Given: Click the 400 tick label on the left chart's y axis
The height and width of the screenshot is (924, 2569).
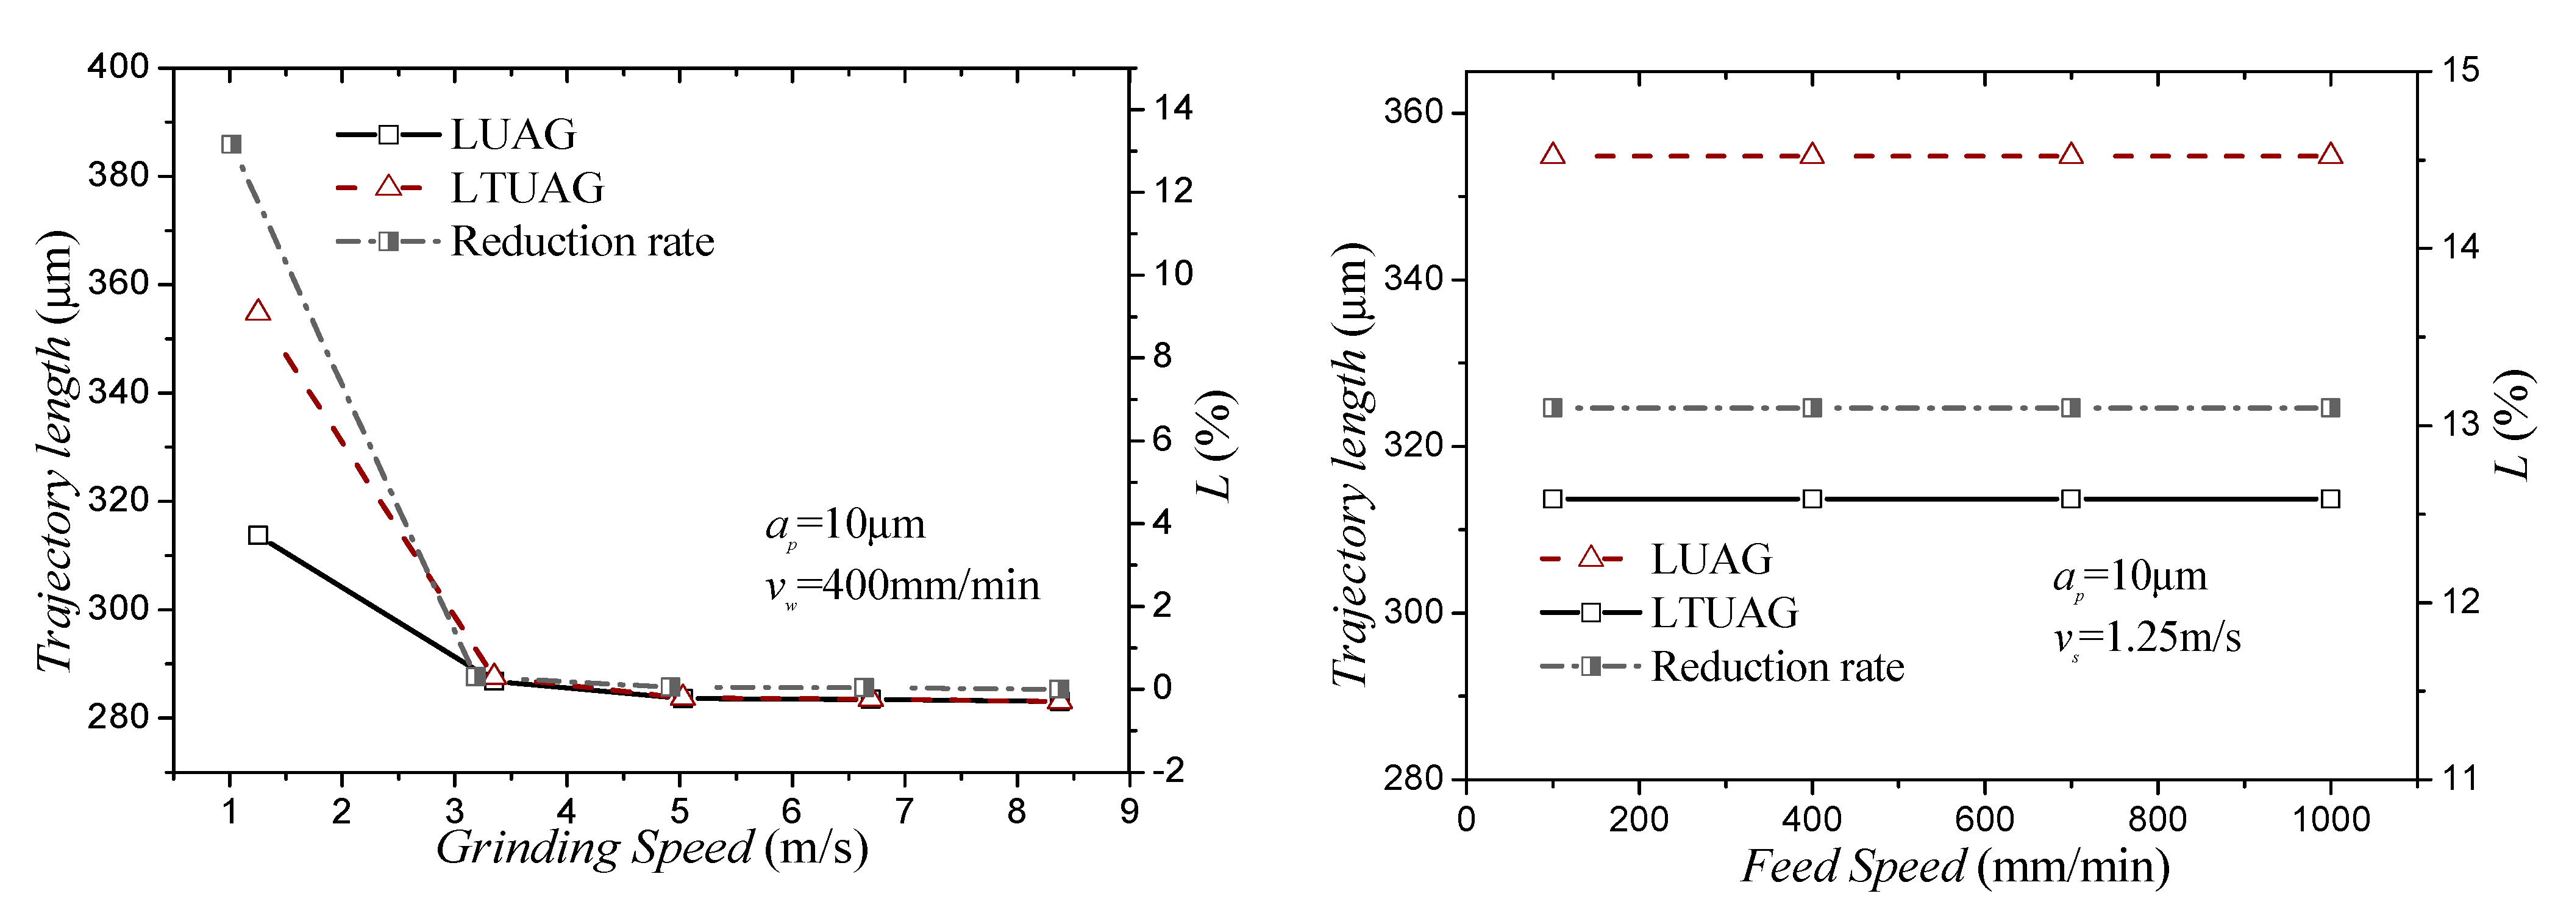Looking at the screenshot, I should point(118,68).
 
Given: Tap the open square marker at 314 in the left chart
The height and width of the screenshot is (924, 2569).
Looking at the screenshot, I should point(258,535).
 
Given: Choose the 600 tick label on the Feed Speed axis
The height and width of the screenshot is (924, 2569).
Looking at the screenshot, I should point(1984,819).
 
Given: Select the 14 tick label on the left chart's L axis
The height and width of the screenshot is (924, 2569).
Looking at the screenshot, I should point(1174,108).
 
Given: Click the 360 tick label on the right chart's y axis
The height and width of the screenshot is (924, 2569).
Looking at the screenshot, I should point(1413,112).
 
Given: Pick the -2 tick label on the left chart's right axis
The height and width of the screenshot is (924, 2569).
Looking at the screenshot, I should point(1168,770).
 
